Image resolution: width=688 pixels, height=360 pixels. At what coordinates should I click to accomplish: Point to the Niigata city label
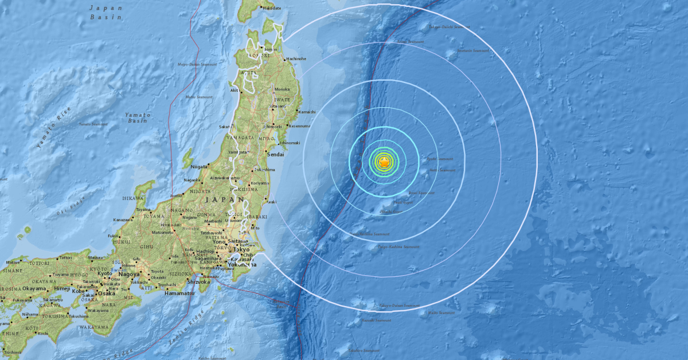tap(200, 167)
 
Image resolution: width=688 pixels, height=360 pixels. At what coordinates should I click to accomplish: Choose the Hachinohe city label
tap(296, 58)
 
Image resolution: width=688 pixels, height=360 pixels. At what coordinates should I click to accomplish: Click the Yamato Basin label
tap(138, 118)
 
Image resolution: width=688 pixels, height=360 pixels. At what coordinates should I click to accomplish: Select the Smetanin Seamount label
tap(473, 50)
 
